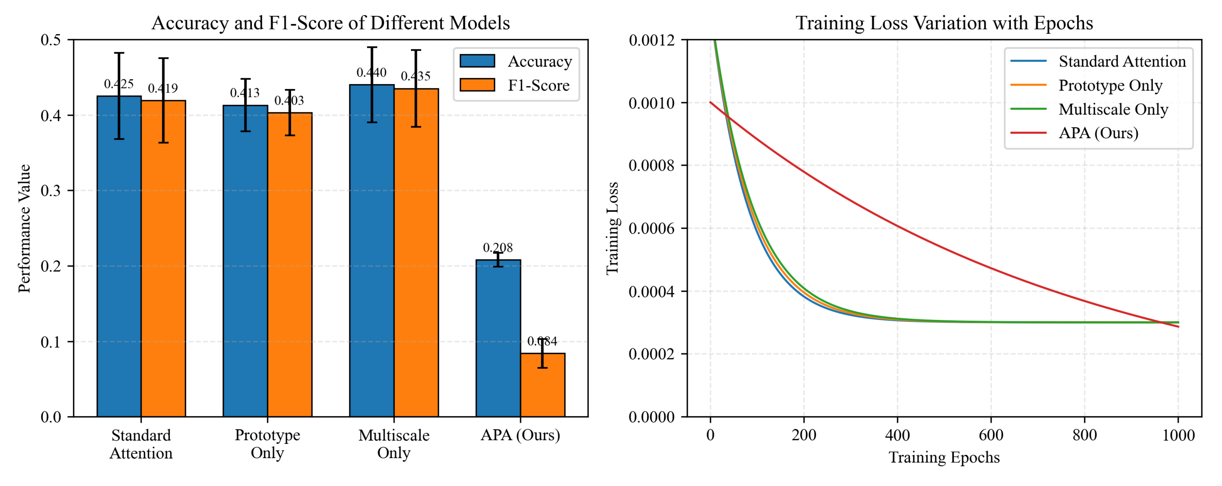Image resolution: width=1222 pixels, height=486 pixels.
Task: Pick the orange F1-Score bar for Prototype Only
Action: [290, 275]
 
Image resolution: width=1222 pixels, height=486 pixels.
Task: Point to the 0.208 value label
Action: [498, 248]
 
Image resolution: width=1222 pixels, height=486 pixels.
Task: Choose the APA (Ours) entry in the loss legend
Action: [1098, 133]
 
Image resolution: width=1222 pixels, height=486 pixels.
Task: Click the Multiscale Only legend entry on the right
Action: [1113, 109]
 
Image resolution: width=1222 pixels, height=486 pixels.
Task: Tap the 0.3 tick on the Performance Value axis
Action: [51, 191]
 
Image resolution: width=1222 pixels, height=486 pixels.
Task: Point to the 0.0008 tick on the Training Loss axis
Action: [651, 165]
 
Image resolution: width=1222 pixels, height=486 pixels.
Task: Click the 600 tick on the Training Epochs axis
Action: [991, 435]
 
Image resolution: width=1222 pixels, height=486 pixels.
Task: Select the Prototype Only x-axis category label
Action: [267, 444]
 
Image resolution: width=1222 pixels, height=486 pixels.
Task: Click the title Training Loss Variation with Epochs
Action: [944, 23]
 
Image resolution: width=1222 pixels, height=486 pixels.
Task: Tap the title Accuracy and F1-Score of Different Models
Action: [331, 23]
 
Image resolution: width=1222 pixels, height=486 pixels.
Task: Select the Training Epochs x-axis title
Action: [944, 457]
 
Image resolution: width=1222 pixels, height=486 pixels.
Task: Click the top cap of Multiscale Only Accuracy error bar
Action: [372, 47]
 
